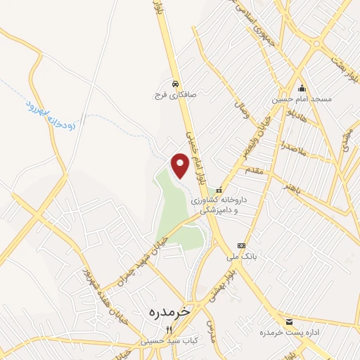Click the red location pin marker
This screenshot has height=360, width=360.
180,165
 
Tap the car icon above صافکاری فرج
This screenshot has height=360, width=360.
174,80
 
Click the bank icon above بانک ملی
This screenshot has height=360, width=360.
241,245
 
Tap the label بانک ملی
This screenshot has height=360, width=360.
247,257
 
